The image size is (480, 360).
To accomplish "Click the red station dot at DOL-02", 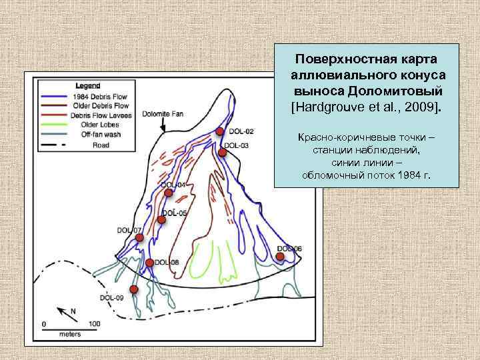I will pyautogui.click(x=220, y=131).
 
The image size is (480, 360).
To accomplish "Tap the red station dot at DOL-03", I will pyautogui.click(x=223, y=153).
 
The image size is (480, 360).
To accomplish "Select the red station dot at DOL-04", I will pyautogui.click(x=169, y=193).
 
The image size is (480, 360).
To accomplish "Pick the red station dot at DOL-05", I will pyautogui.click(x=162, y=219).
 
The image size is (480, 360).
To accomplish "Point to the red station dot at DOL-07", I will pyautogui.click(x=139, y=237).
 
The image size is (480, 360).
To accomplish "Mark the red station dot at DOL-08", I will pyautogui.click(x=150, y=263).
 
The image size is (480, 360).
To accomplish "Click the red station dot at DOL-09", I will pyautogui.click(x=134, y=289).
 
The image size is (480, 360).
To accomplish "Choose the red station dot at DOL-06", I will pyautogui.click(x=281, y=256).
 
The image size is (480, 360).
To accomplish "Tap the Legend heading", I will pyautogui.click(x=88, y=85).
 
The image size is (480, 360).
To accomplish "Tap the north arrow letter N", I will pyautogui.click(x=73, y=311).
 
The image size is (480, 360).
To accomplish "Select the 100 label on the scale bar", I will pyautogui.click(x=94, y=325).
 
